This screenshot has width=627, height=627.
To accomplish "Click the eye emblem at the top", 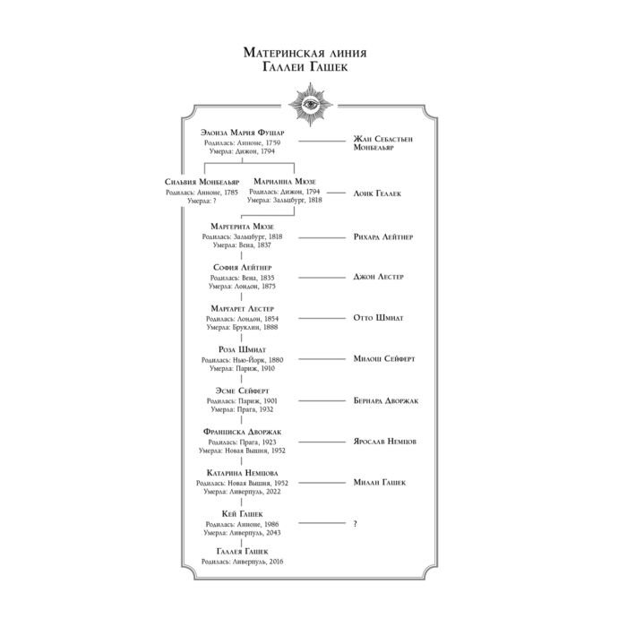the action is click(310, 105).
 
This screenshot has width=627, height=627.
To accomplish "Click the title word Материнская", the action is click(279, 53).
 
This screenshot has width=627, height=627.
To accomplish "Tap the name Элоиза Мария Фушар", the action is click(243, 133).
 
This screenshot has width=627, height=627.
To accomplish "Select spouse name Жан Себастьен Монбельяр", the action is click(382, 143).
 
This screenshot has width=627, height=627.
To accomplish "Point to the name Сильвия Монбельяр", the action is click(202, 182).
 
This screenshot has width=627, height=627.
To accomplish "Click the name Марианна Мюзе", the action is click(284, 182).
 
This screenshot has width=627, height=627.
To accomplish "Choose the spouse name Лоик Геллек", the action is click(377, 193).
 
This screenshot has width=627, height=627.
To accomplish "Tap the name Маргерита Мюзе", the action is click(242, 227).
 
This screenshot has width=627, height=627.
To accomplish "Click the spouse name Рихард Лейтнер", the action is click(383, 236).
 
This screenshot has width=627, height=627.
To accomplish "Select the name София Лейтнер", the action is click(243, 268).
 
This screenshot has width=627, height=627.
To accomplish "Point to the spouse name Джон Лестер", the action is click(378, 277).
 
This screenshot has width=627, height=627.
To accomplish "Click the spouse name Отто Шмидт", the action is click(378, 318).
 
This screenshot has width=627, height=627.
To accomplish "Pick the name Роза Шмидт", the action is click(242, 349).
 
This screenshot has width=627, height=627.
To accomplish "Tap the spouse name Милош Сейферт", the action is click(384, 358).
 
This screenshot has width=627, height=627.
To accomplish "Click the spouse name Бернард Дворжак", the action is click(386, 400).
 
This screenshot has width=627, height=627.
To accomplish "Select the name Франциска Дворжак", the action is click(242, 432).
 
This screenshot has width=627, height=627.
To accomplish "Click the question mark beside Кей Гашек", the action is click(355, 523).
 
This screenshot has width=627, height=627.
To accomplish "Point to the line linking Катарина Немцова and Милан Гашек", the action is click(322, 483).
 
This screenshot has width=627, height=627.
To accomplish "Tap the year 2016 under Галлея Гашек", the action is click(276, 562).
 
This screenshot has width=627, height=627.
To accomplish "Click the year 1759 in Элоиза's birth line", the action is click(273, 142).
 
